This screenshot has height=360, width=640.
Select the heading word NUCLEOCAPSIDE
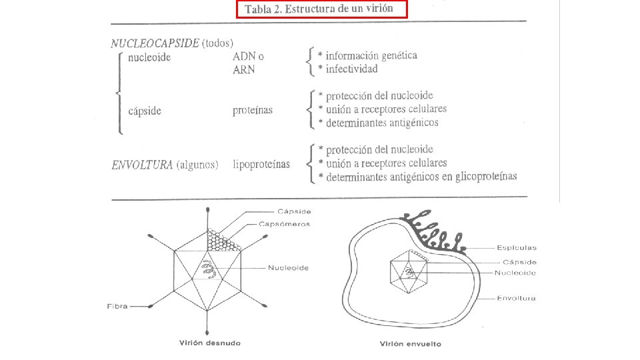(155, 43)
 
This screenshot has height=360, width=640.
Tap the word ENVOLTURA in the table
(141, 165)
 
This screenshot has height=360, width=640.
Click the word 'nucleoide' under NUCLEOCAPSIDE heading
(150, 57)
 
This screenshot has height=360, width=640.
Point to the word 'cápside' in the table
(145, 111)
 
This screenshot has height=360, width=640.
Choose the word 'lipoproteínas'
(261, 164)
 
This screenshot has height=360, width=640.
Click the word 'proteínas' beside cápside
(253, 111)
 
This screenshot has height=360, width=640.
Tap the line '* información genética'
(367, 55)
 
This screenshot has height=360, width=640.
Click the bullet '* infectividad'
(348, 69)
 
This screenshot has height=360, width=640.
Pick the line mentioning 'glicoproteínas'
(417, 177)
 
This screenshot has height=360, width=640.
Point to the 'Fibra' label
(117, 307)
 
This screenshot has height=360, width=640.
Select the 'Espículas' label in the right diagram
(517, 247)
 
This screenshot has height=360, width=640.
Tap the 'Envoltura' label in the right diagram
(517, 298)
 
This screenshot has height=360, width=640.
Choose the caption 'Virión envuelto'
(410, 344)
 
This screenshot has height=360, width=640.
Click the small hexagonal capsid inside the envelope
(408, 273)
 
